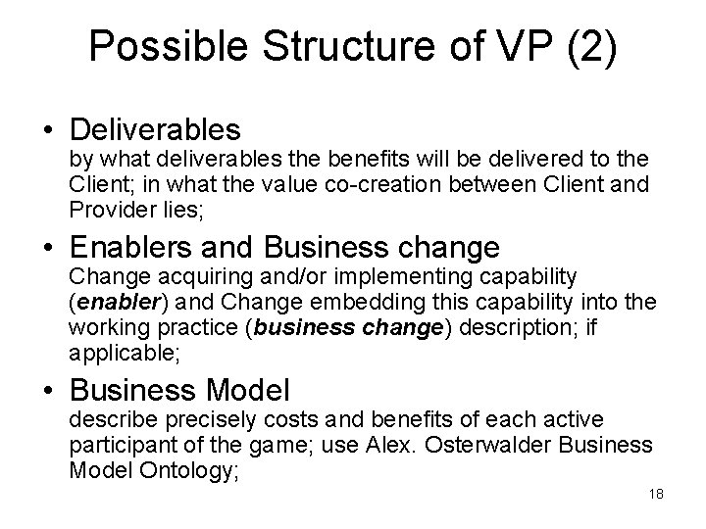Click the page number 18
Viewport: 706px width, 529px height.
(x=657, y=494)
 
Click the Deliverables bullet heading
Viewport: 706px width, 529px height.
(x=156, y=129)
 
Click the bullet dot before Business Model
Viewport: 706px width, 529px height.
(x=46, y=392)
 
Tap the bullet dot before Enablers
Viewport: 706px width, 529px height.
(x=46, y=247)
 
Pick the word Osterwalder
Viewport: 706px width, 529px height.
(x=446, y=445)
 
